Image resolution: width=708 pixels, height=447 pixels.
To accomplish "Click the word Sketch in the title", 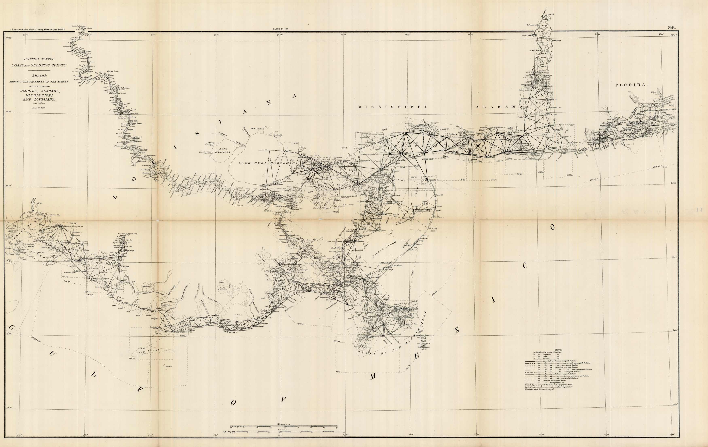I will (x=39, y=76).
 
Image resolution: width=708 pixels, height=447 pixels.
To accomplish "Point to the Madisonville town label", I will (x=259, y=128).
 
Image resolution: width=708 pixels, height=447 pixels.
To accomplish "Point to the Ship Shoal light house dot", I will (x=143, y=349).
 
